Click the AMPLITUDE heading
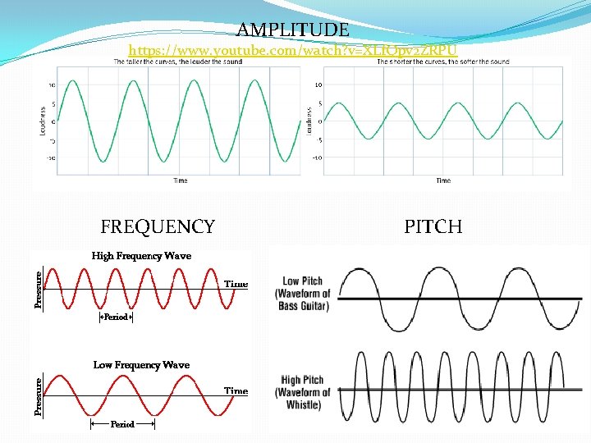coord(293,30)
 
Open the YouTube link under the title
coord(293,51)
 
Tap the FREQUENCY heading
coord(158,226)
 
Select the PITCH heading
coord(433,226)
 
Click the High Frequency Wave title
coord(141,256)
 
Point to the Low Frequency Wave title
coord(141,365)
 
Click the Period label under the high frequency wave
coord(116,317)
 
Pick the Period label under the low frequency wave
coord(122,425)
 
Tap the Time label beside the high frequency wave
coord(236,284)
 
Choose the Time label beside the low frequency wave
coord(236,391)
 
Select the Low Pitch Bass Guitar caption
coord(303,294)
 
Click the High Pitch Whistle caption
coord(303,392)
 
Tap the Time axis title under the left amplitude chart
coord(180,180)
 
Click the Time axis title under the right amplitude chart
coord(443,180)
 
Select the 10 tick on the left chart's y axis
coord(52,84)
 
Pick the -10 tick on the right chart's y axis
coord(317,158)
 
